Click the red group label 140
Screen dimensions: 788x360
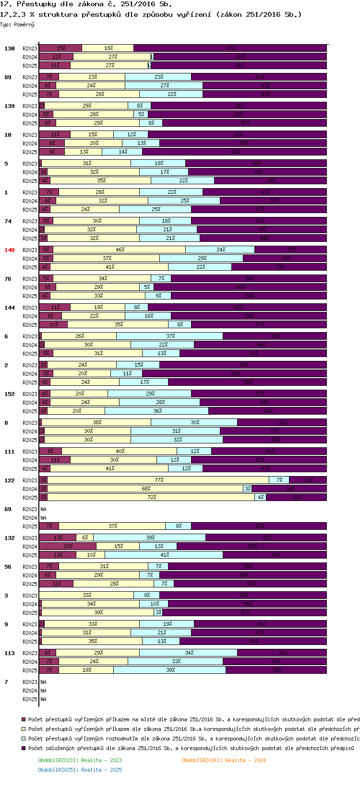click(x=10, y=250)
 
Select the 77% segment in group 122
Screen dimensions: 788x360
click(x=159, y=480)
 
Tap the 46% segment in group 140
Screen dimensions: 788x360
click(x=120, y=250)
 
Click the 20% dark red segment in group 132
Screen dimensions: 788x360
click(x=68, y=546)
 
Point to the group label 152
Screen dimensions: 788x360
click(x=10, y=394)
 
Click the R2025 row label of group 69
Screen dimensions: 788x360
click(x=30, y=526)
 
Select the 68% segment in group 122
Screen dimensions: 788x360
click(x=145, y=489)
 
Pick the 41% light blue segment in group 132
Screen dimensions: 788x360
click(x=164, y=555)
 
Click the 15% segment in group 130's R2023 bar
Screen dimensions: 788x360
click(x=60, y=48)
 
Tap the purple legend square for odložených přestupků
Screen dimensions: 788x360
click(x=23, y=748)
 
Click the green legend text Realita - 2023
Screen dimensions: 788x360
click(x=80, y=760)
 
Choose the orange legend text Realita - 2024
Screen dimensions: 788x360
click(x=224, y=760)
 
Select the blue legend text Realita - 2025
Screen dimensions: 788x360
click(x=80, y=770)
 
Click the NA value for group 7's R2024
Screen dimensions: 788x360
click(x=43, y=691)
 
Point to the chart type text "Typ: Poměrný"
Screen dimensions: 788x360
click(x=17, y=24)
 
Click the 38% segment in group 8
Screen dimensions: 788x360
click(x=96, y=422)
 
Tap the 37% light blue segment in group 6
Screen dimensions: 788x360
click(x=170, y=336)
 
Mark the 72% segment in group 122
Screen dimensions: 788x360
click(x=151, y=497)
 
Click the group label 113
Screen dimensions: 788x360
click(x=10, y=653)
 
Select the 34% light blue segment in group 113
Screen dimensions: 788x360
click(x=189, y=653)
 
